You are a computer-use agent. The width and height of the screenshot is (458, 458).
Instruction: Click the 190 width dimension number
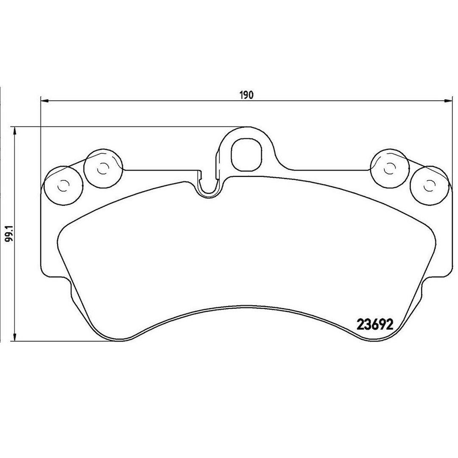click(246, 95)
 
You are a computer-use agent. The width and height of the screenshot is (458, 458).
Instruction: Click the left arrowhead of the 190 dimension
click(44, 101)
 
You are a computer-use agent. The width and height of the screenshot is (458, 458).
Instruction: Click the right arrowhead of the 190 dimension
click(448, 101)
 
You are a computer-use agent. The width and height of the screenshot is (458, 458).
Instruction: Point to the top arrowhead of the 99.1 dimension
click(14, 131)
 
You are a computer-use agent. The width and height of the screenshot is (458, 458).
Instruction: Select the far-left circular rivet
click(63, 185)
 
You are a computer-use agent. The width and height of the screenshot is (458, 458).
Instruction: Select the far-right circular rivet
click(429, 185)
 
